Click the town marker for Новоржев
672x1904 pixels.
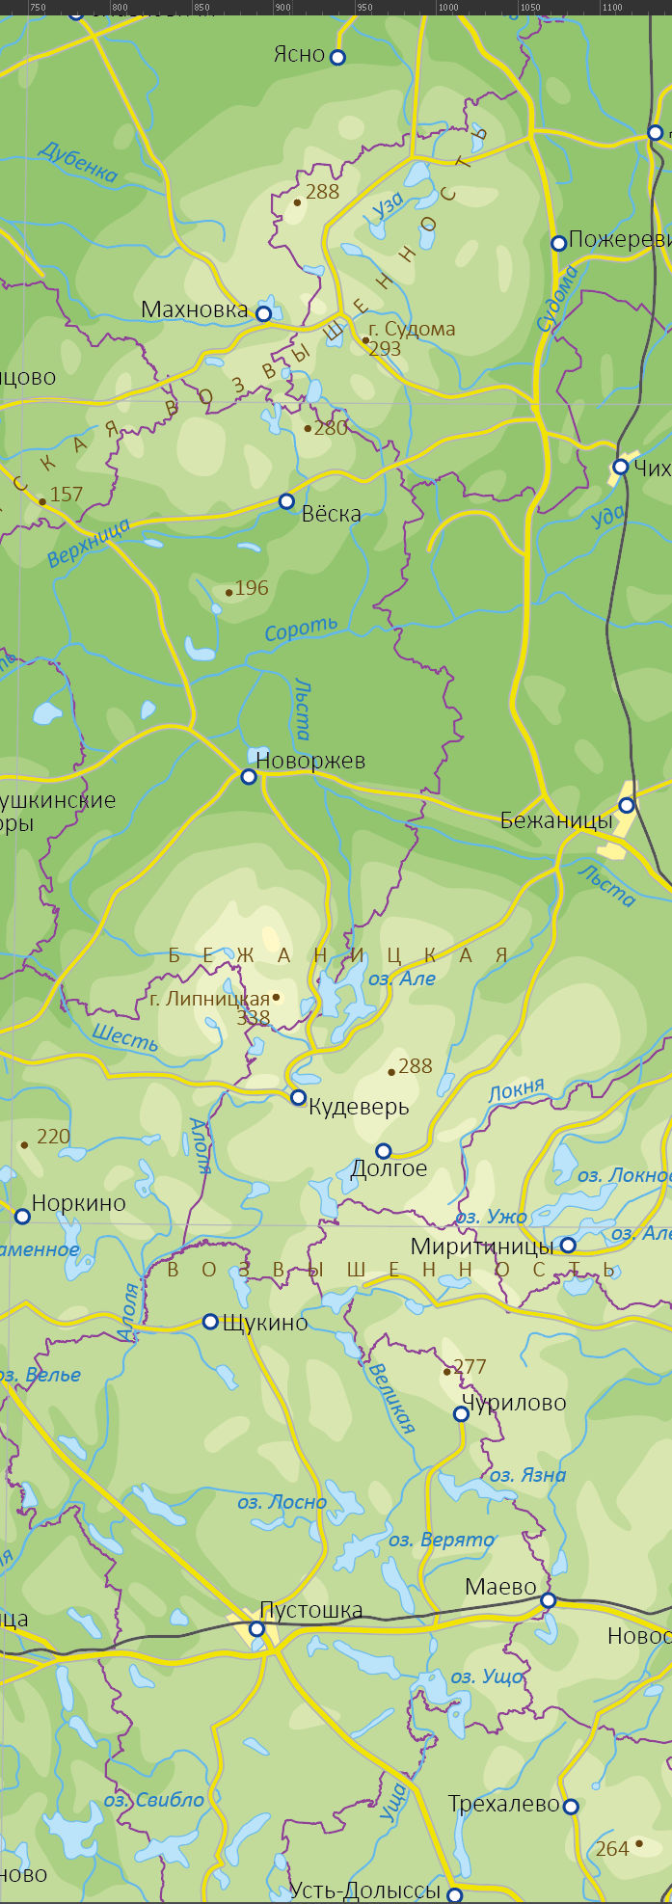[249, 776]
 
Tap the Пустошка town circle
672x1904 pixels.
[256, 1628]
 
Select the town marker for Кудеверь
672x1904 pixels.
[298, 1097]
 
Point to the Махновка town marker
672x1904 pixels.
[263, 313]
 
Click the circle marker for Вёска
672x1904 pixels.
[286, 501]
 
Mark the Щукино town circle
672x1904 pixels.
[210, 1321]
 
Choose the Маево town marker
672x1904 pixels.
[548, 1600]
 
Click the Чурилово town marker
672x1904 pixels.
[461, 1413]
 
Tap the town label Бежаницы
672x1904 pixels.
[556, 820]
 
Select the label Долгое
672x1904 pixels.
[389, 1168]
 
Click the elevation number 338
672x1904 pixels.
[254, 1017]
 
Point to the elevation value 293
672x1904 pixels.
[385, 349]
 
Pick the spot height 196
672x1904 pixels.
[252, 588]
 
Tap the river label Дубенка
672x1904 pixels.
[77, 161]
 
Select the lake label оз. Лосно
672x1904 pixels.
[282, 1502]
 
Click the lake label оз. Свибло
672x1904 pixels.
[154, 1800]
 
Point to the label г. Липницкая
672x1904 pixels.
[209, 999]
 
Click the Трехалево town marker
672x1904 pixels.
[571, 1806]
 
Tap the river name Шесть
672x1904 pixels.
[124, 1037]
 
